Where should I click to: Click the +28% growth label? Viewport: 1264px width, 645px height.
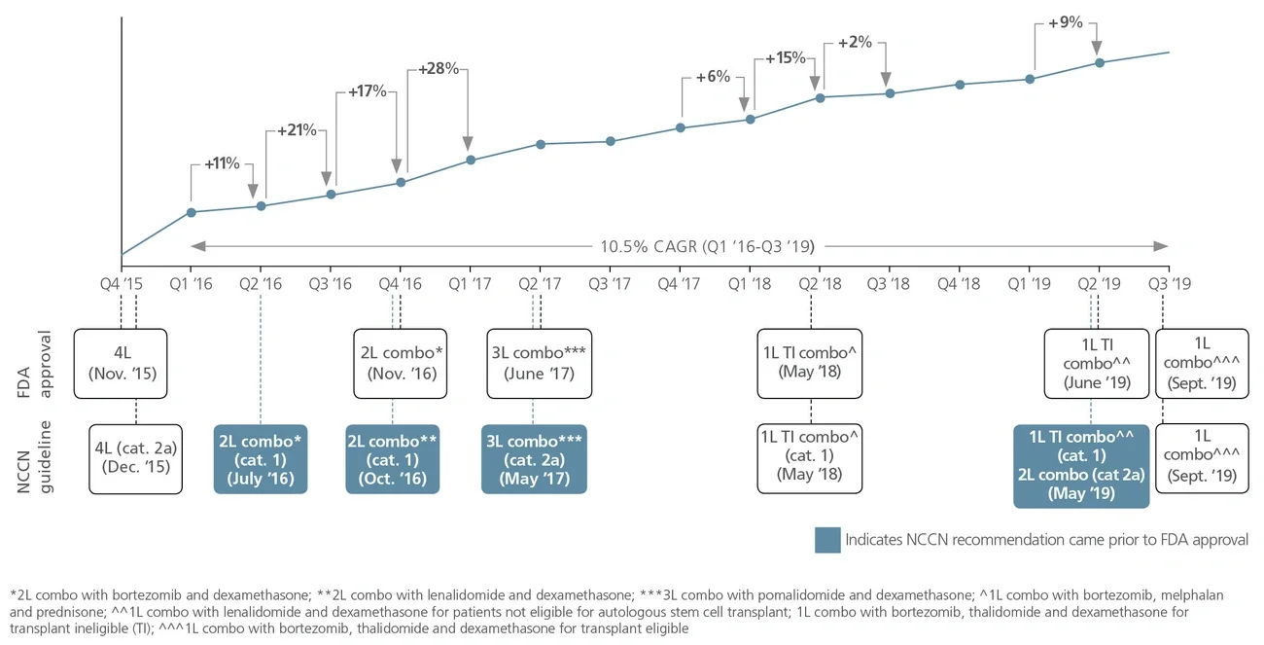pos(439,69)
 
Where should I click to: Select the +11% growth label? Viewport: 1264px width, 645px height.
pos(222,163)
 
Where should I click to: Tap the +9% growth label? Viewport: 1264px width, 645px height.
pos(1066,22)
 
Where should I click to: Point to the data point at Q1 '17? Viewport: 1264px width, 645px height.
pos(471,160)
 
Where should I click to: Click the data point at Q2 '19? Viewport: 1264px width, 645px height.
pos(1100,62)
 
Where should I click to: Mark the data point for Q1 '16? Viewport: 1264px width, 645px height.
pos(192,212)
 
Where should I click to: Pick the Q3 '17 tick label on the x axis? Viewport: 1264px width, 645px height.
pos(610,284)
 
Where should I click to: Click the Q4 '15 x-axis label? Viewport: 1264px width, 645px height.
pos(122,284)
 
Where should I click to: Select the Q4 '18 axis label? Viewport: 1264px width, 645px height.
pos(959,284)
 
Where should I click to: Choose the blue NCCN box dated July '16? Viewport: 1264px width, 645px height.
pos(261,458)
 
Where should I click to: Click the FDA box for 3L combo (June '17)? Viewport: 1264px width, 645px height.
pos(540,364)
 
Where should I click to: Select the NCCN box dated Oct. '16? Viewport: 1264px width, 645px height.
pos(393,458)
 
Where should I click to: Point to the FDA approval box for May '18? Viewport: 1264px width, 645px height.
pos(810,364)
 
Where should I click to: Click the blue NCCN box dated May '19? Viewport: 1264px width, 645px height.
pos(1081,466)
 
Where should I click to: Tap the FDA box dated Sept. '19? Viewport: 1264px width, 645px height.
pos(1201,364)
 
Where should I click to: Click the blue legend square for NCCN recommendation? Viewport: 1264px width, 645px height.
pos(826,540)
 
